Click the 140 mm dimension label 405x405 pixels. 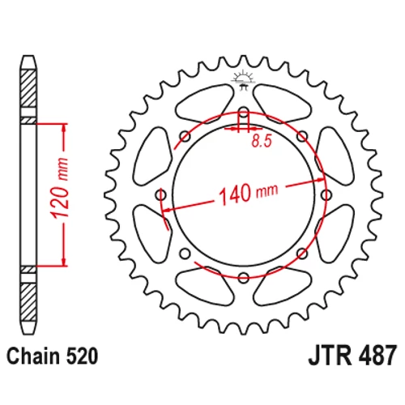248,194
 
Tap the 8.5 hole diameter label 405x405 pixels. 262,141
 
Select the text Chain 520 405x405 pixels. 52,356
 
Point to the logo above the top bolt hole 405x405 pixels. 243,79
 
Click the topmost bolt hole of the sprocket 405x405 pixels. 244,112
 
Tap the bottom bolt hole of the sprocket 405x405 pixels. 244,277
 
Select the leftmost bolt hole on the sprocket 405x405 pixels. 161,194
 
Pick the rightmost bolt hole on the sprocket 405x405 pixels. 326,194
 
